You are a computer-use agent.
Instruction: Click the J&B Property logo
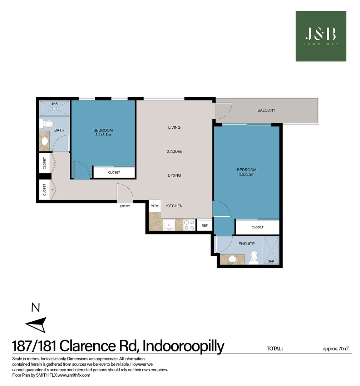pos(321,36)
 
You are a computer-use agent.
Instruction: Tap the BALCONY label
pos(266,110)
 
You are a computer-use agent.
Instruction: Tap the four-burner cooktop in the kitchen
pos(189,225)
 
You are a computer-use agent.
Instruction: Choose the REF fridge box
pos(204,226)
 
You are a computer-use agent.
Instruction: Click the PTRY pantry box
pos(154,206)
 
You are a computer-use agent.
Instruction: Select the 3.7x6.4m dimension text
pos(174,152)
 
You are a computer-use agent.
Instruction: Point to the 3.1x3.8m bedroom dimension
pos(103,135)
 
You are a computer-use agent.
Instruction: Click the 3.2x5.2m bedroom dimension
pos(247,175)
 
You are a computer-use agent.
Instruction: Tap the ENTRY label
pos(125,206)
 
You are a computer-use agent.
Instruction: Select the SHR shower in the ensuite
pos(271,251)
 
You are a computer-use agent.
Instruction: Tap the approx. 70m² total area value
pos(335,348)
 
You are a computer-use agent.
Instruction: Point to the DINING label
pos(174,175)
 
